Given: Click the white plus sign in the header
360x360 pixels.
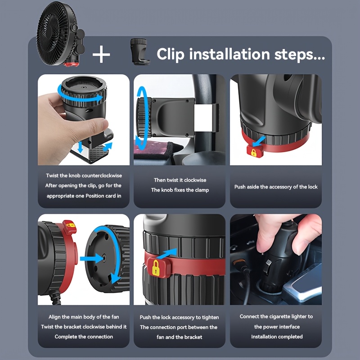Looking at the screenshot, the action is [x=101, y=54].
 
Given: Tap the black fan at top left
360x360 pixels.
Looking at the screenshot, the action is [x=60, y=34].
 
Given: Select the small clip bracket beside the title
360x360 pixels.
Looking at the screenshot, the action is [x=140, y=52].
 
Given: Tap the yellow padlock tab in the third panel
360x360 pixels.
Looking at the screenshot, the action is [x=255, y=151].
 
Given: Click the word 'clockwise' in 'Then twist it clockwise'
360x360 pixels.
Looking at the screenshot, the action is [x=195, y=180].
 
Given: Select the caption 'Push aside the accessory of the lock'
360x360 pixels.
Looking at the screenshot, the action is [x=276, y=187].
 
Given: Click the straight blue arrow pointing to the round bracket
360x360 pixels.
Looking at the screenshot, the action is [x=92, y=258].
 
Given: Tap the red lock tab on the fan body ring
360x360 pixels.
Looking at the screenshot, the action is [x=69, y=227].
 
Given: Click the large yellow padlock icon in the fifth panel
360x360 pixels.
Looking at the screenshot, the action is [x=156, y=268].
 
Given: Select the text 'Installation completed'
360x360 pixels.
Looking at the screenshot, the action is [x=277, y=337].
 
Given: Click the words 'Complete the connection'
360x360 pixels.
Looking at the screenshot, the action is [x=84, y=337].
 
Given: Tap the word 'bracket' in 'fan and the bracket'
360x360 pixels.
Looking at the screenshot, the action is [x=193, y=337].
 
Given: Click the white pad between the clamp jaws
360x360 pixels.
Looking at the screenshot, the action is [x=203, y=118].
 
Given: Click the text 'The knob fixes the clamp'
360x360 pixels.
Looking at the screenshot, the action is [x=180, y=190].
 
